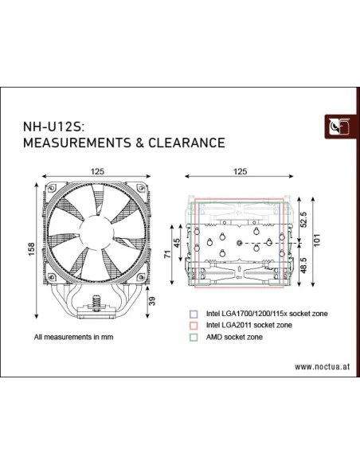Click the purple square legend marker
point(193,314)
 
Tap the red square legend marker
point(193,325)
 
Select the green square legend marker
point(193,337)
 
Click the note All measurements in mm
point(76,337)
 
